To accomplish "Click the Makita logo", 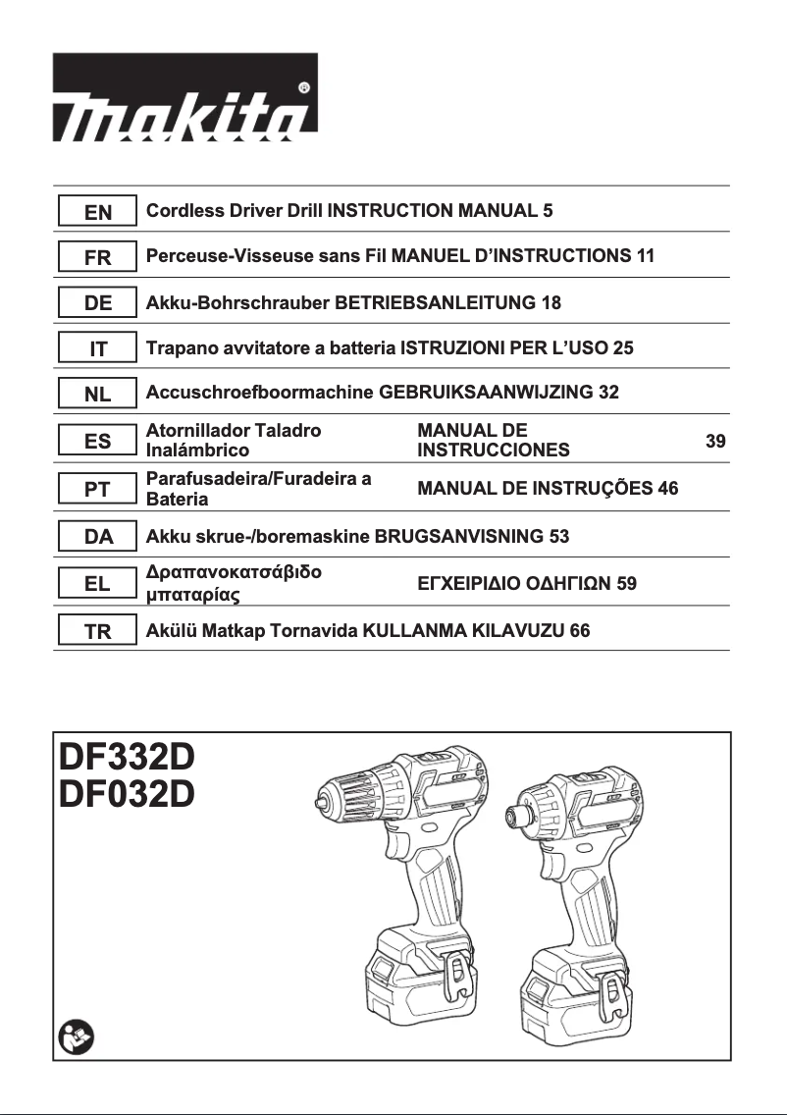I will click(184, 95).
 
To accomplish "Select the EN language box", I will click(97, 211).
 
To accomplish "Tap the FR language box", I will click(97, 257).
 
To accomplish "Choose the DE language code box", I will click(97, 303).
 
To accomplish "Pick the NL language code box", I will click(97, 395).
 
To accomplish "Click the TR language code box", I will click(97, 632).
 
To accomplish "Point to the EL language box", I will click(97, 584).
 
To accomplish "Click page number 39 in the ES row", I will click(716, 442).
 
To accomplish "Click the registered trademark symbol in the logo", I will click(304, 86).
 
